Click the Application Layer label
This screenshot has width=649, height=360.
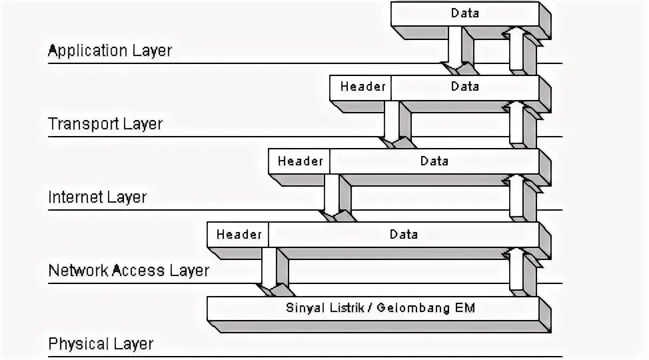tap(110, 51)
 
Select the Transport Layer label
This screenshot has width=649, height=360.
tap(105, 124)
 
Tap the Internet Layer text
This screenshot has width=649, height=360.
tap(97, 197)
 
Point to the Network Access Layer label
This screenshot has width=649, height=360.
tap(129, 271)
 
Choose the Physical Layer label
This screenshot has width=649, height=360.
tap(101, 344)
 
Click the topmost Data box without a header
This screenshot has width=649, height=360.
tap(464, 13)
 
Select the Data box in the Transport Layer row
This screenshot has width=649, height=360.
tap(464, 87)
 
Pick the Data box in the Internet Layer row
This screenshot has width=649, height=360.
tap(434, 161)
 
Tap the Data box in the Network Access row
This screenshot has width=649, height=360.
tap(403, 234)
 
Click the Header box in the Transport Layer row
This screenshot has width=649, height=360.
tap(362, 87)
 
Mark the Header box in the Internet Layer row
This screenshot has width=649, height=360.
tap(300, 161)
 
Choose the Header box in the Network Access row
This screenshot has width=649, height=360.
tap(239, 234)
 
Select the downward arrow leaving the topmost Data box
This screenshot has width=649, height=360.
tap(456, 50)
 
